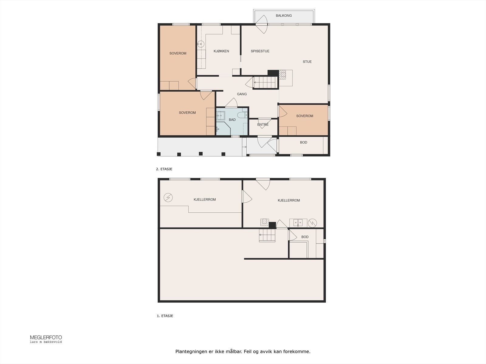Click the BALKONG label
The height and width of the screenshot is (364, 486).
point(284,15)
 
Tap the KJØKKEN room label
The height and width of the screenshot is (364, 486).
point(221,51)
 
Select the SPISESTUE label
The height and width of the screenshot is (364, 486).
point(260,51)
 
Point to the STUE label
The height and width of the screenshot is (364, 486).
point(307,62)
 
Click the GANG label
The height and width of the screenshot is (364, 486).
point(242,94)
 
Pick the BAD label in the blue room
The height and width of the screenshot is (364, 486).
point(232,120)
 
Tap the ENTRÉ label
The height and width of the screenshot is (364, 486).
point(263,124)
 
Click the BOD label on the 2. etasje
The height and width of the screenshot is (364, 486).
point(303,142)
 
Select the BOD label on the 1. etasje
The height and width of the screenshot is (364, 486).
point(305,237)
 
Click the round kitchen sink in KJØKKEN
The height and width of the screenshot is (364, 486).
point(200,44)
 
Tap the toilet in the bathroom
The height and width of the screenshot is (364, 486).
point(242,115)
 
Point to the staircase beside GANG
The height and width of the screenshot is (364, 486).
point(265,83)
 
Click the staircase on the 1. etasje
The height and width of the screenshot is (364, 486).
point(267,235)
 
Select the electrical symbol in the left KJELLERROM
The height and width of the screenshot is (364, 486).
point(168,197)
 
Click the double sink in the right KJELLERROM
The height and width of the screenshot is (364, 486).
point(298,223)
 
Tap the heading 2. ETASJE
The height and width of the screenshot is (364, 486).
point(164,169)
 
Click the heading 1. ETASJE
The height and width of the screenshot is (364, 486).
point(165,316)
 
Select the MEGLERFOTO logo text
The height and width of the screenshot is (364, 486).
point(46,338)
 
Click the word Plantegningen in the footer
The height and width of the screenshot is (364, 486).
point(192,352)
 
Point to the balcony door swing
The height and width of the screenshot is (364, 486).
point(262,24)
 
